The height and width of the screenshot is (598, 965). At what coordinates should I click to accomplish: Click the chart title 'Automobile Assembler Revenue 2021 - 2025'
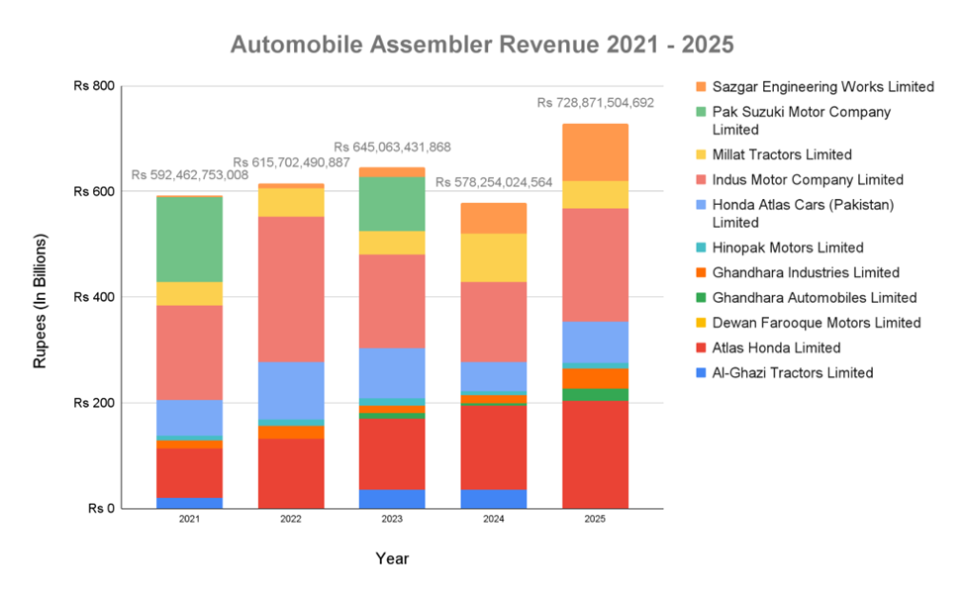coord(482,46)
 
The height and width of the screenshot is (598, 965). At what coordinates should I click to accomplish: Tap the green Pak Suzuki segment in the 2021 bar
coord(189,240)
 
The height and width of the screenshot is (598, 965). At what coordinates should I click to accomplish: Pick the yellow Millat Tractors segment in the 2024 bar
coord(493,257)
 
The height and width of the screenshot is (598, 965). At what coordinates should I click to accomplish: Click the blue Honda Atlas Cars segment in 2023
coord(392,372)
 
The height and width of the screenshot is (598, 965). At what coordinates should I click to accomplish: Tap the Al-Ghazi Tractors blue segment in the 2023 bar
coord(392,499)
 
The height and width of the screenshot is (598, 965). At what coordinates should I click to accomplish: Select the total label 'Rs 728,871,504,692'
coord(596,102)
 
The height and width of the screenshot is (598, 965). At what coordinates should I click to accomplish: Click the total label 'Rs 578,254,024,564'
coord(494,182)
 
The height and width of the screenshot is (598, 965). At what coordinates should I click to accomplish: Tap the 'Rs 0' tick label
coord(102,509)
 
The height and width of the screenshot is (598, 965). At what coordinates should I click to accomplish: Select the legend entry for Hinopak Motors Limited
coord(788,248)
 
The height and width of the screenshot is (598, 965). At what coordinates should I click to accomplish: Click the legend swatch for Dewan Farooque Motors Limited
coord(702,323)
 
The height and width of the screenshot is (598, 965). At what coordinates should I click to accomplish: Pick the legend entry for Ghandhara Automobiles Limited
coord(815,298)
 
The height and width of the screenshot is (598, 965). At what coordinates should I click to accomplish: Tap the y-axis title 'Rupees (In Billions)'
coord(41,302)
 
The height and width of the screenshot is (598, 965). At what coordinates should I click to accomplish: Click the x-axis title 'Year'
coord(392,558)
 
